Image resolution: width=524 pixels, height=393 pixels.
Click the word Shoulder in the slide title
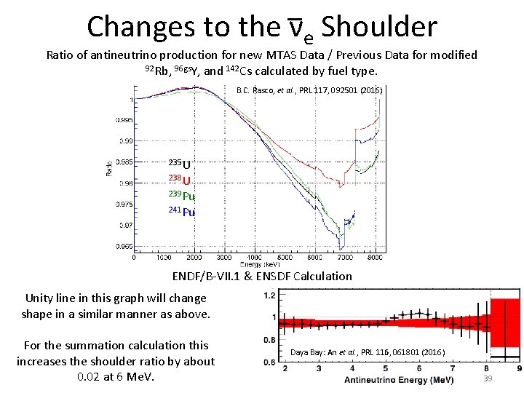pyautogui.click(x=378, y=27)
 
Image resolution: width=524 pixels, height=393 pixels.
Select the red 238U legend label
pyautogui.click(x=180, y=180)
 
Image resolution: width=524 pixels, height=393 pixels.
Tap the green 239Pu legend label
pyautogui.click(x=182, y=196)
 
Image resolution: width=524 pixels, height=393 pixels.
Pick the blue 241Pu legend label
pyautogui.click(x=182, y=212)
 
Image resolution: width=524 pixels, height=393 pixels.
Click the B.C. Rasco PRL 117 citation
pyautogui.click(x=309, y=91)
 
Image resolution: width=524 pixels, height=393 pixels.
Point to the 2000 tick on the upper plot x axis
pyautogui.click(x=194, y=257)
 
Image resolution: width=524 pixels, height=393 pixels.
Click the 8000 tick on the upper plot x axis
pyautogui.click(x=374, y=257)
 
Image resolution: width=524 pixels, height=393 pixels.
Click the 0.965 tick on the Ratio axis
pyautogui.click(x=122, y=247)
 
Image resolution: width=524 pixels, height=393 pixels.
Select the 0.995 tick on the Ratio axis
pyautogui.click(x=122, y=120)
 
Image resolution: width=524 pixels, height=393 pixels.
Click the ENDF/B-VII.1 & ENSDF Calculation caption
pyautogui.click(x=262, y=277)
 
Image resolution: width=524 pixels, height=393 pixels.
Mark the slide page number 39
pyautogui.click(x=488, y=379)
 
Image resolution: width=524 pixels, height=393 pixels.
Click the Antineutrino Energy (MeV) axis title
pyautogui.click(x=399, y=380)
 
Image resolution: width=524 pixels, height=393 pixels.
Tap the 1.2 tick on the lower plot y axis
pyautogui.click(x=269, y=295)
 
